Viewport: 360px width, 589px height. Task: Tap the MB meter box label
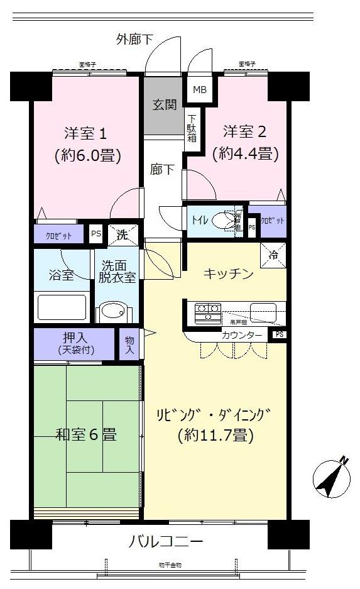199,89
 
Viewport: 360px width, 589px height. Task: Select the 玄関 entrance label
164,104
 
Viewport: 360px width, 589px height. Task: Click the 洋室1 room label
87,133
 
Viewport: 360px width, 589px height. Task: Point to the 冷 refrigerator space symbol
274,255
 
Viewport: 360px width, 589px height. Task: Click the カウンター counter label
241,335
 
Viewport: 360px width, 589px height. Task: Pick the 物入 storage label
129,344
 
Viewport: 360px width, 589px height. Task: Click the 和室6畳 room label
86,434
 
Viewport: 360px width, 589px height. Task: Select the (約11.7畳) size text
215,434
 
